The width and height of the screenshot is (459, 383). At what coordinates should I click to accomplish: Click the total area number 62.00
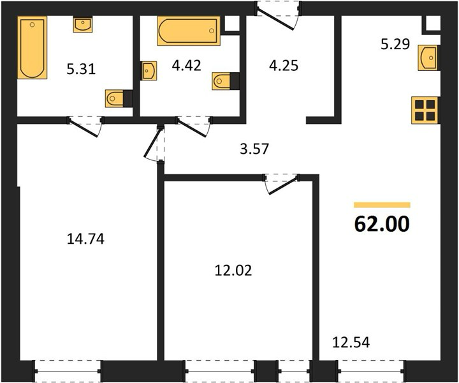pyautogui.click(x=382, y=224)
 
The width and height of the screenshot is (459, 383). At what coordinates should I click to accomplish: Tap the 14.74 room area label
pyautogui.click(x=85, y=239)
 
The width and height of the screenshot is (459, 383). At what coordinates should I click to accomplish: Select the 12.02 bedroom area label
pyautogui.click(x=233, y=270)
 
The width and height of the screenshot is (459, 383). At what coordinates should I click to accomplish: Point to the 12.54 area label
pyautogui.click(x=351, y=342)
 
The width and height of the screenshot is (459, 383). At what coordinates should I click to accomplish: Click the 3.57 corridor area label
pyautogui.click(x=254, y=149)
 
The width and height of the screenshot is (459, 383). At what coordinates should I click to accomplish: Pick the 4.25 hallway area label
pyautogui.click(x=284, y=65)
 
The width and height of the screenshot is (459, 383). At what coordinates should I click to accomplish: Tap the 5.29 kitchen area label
pyautogui.click(x=395, y=45)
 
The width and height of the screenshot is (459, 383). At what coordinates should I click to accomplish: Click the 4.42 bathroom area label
pyautogui.click(x=186, y=65)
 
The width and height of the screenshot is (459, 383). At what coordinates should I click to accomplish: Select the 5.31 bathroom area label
pyautogui.click(x=81, y=70)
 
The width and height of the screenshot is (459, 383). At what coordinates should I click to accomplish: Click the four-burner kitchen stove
pyautogui.click(x=425, y=110)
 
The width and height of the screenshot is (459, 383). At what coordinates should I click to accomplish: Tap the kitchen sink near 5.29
pyautogui.click(x=428, y=57)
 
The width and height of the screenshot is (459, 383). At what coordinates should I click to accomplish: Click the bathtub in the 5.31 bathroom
pyautogui.click(x=33, y=48)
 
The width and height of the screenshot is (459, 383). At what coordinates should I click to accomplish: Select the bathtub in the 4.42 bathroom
pyautogui.click(x=189, y=31)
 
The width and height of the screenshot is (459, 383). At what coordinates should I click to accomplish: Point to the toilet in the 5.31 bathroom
pyautogui.click(x=119, y=98)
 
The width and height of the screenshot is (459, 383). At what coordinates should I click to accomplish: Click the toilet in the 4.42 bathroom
pyautogui.click(x=226, y=81)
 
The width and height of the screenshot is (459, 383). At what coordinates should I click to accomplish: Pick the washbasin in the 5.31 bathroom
pyautogui.click(x=83, y=25)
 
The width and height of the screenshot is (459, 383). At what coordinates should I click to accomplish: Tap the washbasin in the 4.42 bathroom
pyautogui.click(x=149, y=71)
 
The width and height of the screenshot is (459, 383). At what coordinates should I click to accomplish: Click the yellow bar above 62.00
pyautogui.click(x=382, y=205)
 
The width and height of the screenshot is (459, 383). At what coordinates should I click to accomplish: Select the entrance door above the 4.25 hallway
pyautogui.click(x=278, y=15)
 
